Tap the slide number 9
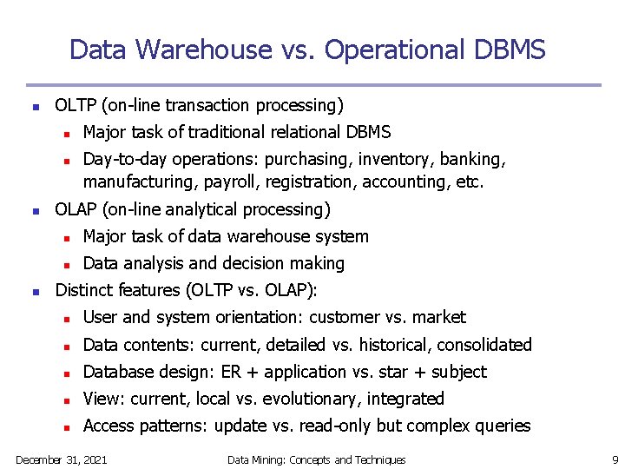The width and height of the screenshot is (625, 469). coord(614,459)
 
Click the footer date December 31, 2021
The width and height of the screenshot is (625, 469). coord(62,459)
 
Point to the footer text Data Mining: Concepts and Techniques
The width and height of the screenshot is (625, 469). coord(316,459)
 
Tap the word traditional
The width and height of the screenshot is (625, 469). coord(215,132)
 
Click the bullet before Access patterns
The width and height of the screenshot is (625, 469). coord(65,427)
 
